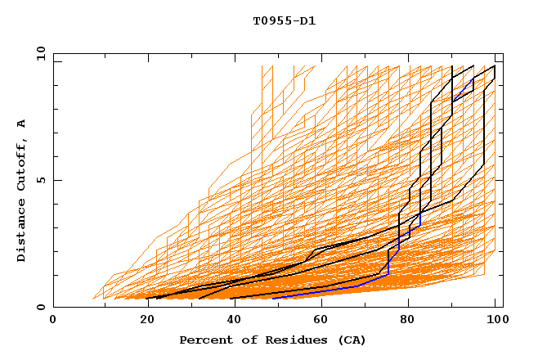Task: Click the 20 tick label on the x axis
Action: (x=141, y=321)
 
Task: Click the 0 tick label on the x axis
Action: (x=53, y=321)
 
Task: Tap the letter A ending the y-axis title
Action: (x=22, y=123)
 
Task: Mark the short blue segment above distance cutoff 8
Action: (x=464, y=94)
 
